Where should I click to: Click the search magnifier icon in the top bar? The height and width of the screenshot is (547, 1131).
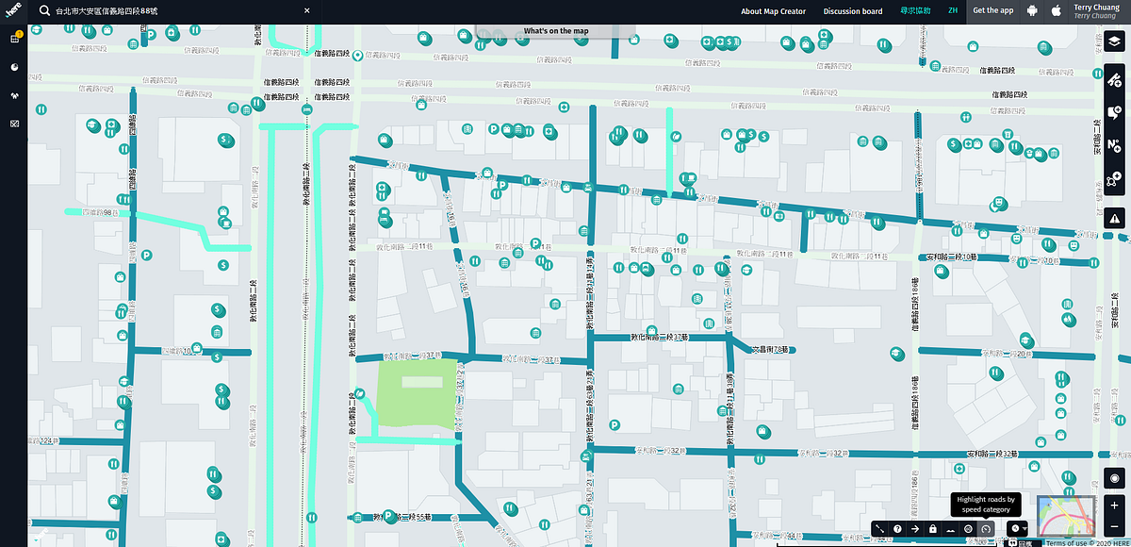click(x=43, y=11)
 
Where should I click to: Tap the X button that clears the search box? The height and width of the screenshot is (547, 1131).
click(x=307, y=11)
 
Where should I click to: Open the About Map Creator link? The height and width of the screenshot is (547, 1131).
click(x=773, y=11)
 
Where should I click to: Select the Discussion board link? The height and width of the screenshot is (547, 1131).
click(x=853, y=11)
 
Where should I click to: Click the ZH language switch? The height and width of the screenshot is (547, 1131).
click(x=953, y=11)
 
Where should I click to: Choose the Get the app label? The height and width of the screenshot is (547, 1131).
click(x=992, y=11)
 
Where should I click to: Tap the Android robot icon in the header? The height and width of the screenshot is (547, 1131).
click(x=1032, y=11)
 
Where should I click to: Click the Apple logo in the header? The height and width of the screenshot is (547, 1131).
click(x=1056, y=11)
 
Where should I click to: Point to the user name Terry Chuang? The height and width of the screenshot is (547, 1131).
click(x=1094, y=7)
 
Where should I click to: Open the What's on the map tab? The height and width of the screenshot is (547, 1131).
click(x=556, y=31)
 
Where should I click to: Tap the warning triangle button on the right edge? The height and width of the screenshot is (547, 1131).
click(x=1115, y=218)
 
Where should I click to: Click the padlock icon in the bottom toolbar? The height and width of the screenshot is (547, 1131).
click(x=932, y=529)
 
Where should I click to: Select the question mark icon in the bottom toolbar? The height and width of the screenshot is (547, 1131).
click(x=897, y=529)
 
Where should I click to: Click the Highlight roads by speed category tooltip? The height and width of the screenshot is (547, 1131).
click(x=985, y=505)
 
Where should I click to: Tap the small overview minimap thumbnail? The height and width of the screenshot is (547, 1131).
click(x=1065, y=516)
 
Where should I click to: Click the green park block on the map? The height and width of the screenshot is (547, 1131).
click(x=416, y=391)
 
